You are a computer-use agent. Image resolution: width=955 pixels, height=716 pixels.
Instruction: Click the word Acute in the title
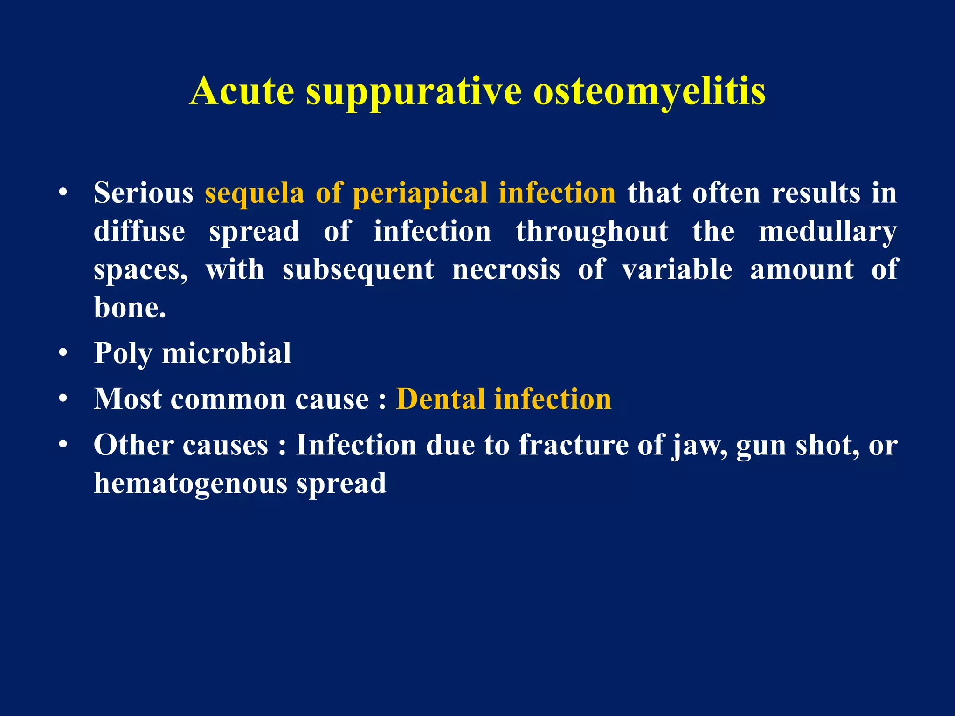(242, 91)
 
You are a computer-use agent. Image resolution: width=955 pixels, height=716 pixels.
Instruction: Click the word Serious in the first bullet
(143, 193)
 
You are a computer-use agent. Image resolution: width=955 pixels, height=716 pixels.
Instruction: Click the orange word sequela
(254, 193)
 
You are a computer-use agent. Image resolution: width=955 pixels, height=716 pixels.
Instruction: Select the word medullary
(827, 232)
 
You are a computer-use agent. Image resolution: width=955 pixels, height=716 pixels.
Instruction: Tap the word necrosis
(506, 270)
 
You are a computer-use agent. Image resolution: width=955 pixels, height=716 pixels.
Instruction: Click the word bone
(129, 308)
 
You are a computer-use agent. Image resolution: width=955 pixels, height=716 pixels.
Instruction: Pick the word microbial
(226, 353)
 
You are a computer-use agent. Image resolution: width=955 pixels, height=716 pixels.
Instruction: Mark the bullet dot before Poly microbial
(63, 353)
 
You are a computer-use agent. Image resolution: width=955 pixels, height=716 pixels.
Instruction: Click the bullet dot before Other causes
(63, 445)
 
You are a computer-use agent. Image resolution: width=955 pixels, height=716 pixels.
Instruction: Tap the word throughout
(592, 232)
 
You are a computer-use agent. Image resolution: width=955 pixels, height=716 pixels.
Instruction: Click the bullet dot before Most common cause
(63, 399)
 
